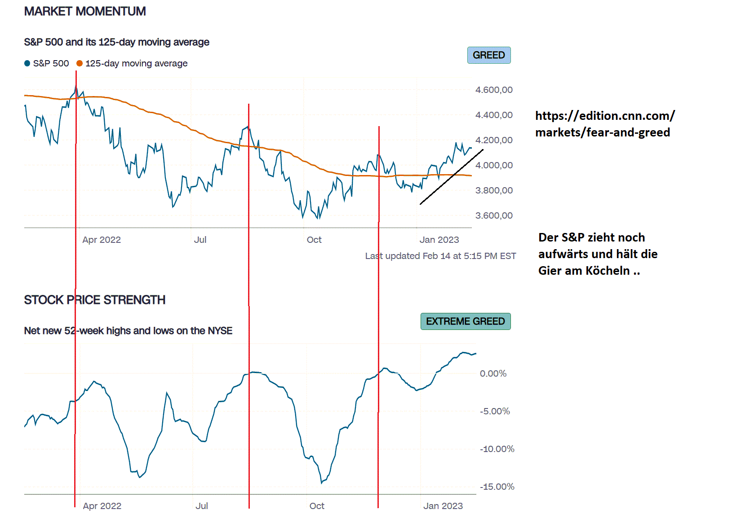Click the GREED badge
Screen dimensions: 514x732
tap(488, 55)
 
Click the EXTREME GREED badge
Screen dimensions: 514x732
tap(465, 321)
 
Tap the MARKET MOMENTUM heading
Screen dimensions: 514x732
tap(85, 11)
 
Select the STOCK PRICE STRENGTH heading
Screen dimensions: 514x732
tap(94, 300)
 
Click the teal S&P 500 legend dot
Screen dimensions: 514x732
tap(27, 63)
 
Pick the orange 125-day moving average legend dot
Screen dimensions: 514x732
tap(80, 63)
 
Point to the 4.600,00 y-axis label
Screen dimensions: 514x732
tap(493, 90)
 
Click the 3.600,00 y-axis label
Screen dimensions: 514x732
tap(493, 215)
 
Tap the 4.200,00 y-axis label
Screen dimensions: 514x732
tap(493, 140)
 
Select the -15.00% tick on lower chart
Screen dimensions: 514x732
tap(497, 487)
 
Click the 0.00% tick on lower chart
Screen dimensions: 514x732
tap(493, 373)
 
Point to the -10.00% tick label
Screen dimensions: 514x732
tap(497, 449)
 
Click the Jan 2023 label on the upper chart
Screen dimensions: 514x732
tap(439, 240)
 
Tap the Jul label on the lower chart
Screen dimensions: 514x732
tap(202, 506)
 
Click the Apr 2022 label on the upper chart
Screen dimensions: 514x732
tap(102, 240)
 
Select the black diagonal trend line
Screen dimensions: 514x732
tap(452, 177)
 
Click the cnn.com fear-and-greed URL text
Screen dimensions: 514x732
tap(604, 124)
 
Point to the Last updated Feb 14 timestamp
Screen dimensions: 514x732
tap(440, 256)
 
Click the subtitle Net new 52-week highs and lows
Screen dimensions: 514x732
tap(128, 331)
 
